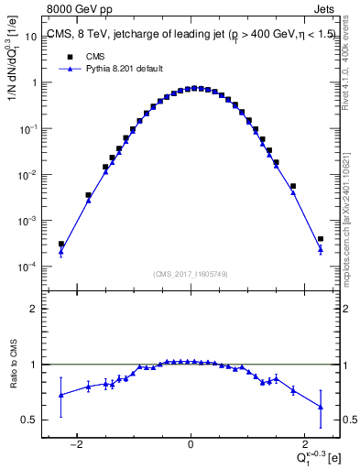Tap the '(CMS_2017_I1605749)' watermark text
click(x=190, y=274)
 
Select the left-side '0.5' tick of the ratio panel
click(x=32, y=420)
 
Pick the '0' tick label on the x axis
click(x=191, y=444)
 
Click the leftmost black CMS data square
click(x=61, y=245)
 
